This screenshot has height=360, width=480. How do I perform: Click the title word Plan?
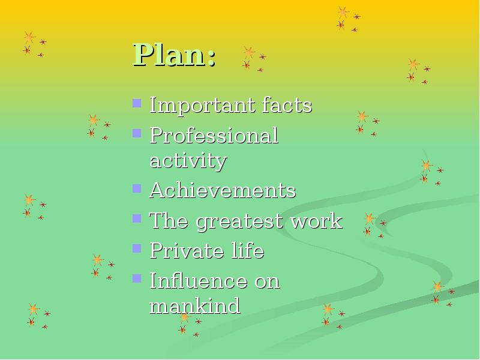coord(169,55)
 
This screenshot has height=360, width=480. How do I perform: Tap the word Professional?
coord(214,136)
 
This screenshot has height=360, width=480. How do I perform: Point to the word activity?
coord(188,160)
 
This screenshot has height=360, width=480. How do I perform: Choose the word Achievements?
coord(223,190)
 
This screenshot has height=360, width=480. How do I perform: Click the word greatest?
coord(239,221)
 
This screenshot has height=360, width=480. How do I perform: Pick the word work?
coord(316,220)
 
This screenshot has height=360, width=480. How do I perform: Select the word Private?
coord(187,250)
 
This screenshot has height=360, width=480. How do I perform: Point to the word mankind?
coord(194,305)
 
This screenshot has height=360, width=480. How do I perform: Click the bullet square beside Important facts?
coord(137,103)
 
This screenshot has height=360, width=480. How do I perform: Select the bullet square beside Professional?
coord(137,133)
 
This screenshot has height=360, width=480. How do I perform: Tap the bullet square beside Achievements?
coord(137,188)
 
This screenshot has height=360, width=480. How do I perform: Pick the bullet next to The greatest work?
coord(137,218)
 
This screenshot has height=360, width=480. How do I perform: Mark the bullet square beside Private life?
coord(137,248)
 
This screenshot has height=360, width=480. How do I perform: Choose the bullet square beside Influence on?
coord(137,278)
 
